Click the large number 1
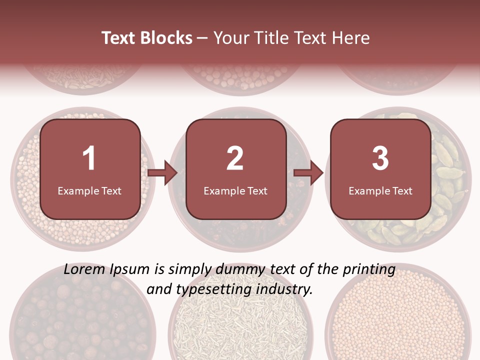pyautogui.click(x=89, y=158)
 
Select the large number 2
pyautogui.click(x=235, y=158)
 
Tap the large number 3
pyautogui.click(x=380, y=158)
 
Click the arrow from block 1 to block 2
pyautogui.click(x=162, y=173)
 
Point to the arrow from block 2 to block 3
pyautogui.click(x=308, y=173)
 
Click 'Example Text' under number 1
pyautogui.click(x=89, y=190)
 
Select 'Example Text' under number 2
pyautogui.click(x=235, y=190)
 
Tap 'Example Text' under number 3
pyautogui.click(x=380, y=190)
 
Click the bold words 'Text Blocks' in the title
pyautogui.click(x=147, y=38)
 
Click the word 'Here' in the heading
pyautogui.click(x=352, y=38)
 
